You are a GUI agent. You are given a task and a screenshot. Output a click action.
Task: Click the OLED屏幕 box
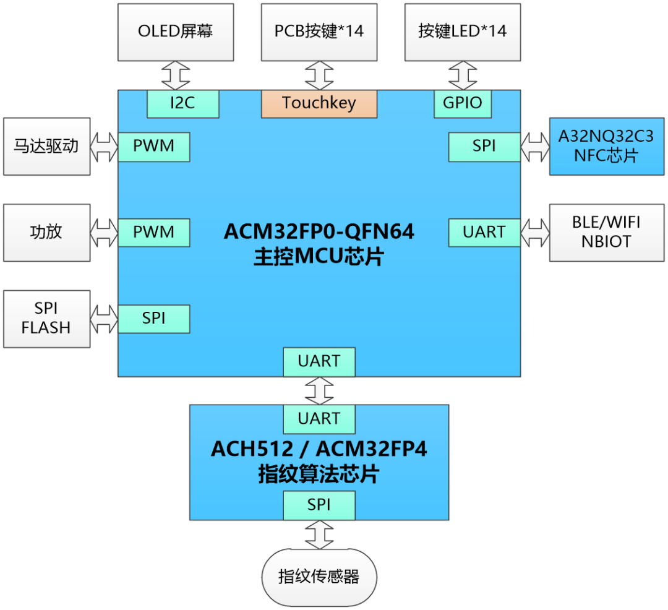(176, 32)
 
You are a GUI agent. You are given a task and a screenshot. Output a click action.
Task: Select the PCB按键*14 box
(319, 32)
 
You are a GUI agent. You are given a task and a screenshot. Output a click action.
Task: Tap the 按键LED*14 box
(463, 32)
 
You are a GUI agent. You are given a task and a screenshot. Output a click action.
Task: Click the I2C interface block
(182, 103)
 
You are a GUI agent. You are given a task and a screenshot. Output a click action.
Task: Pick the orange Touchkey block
(319, 103)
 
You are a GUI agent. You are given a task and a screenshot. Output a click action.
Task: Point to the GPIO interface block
(463, 103)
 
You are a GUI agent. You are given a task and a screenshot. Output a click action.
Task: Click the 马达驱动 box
(46, 147)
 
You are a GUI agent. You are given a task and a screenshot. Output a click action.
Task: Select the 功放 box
(46, 233)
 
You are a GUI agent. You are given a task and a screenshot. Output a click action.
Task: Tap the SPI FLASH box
(46, 319)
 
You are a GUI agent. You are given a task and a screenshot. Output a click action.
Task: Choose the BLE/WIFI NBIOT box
(606, 233)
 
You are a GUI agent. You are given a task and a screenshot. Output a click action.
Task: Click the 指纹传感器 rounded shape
(319, 577)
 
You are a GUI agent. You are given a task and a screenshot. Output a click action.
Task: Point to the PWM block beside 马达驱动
(154, 147)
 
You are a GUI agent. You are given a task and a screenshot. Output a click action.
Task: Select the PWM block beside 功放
(154, 233)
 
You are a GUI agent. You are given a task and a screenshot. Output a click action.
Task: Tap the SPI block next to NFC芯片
(484, 147)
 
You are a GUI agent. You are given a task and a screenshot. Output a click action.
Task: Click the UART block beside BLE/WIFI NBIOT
(484, 233)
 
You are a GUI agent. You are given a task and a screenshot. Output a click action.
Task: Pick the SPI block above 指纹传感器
(319, 505)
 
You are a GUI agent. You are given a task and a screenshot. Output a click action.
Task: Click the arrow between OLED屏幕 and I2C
(176, 75)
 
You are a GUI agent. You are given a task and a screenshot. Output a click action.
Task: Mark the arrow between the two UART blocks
(319, 390)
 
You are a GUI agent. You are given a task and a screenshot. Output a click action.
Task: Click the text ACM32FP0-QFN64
(319, 232)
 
